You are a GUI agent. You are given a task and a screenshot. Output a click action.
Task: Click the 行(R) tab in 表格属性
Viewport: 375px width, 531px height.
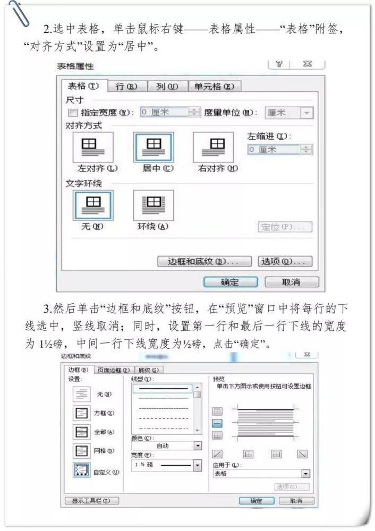126,87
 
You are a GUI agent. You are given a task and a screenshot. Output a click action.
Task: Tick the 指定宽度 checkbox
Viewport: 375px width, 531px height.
73,113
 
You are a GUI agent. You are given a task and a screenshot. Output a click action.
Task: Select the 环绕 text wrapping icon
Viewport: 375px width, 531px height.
153,204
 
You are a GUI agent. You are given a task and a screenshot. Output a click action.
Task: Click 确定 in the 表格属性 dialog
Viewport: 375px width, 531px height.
230,282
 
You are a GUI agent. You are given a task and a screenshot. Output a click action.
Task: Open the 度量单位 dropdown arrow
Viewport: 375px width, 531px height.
306,113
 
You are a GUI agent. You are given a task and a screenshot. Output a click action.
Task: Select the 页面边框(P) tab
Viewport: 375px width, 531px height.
113,370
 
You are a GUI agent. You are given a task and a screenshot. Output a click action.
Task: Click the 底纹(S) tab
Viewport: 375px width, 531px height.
150,370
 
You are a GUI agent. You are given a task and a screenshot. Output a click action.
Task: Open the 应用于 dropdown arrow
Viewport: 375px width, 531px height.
305,474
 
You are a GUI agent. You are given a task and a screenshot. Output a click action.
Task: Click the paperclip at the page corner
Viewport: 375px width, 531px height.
16,13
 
